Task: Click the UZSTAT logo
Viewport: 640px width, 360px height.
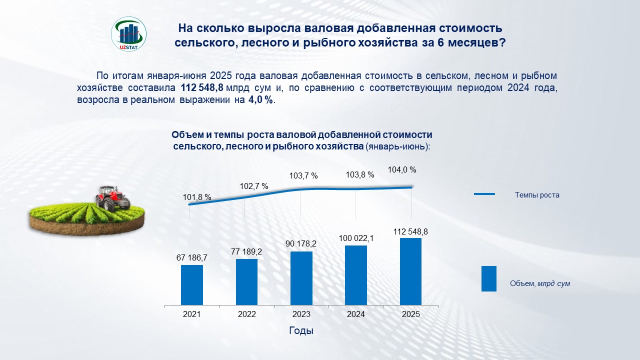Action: pos(128,34)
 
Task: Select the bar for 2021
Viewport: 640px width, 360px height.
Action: pos(192,284)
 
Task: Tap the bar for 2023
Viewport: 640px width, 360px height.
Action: pos(301,278)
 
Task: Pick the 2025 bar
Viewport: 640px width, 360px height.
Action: pos(410,271)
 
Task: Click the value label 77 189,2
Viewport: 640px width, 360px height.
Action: pos(246,251)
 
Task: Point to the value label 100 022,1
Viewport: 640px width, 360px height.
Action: pos(356,238)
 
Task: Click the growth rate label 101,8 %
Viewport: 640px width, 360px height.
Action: pos(197,197)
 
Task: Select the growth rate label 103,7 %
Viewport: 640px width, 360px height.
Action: pos(303,176)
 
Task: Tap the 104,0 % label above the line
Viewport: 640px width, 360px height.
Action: pos(402,170)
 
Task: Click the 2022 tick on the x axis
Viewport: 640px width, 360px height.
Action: pos(246,314)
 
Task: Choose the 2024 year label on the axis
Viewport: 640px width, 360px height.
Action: pos(356,314)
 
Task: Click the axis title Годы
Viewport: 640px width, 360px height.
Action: pos(301,331)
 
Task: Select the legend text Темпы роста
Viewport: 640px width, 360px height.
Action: pos(537,195)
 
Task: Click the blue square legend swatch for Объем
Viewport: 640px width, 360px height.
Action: pos(488,278)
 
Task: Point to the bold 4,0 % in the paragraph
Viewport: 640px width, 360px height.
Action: pos(261,100)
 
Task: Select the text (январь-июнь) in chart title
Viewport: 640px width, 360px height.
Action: pos(397,147)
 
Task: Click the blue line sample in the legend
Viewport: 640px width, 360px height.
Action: pos(484,194)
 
